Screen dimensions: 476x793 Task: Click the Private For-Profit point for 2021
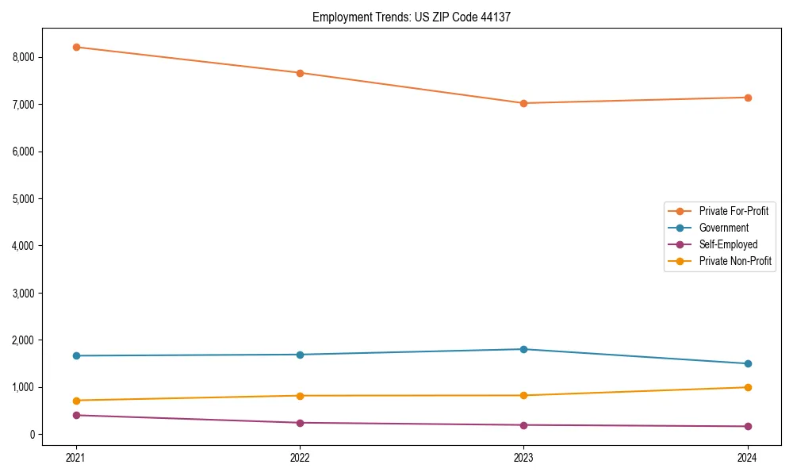pyautogui.click(x=76, y=47)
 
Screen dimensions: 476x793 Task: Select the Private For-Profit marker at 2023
pyautogui.click(x=523, y=103)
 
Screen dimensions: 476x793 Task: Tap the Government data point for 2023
pyautogui.click(x=523, y=349)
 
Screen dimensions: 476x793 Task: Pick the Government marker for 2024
pyautogui.click(x=747, y=363)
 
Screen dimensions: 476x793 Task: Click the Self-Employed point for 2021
pyautogui.click(x=76, y=415)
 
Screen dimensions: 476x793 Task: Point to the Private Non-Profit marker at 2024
pyautogui.click(x=747, y=387)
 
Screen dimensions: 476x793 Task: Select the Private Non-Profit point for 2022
pyautogui.click(x=300, y=396)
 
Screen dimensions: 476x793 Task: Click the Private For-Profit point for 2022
pyautogui.click(x=300, y=73)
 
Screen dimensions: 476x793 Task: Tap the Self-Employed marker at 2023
pyautogui.click(x=523, y=425)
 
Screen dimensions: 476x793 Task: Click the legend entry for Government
pyautogui.click(x=723, y=228)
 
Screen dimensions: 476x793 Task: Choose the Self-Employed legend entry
pyautogui.click(x=728, y=244)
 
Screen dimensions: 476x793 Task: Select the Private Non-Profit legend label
pyautogui.click(x=735, y=261)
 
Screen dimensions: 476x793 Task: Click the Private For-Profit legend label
pyautogui.click(x=734, y=211)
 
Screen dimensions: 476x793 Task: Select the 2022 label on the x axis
pyautogui.click(x=300, y=457)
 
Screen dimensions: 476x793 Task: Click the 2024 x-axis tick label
pyautogui.click(x=747, y=457)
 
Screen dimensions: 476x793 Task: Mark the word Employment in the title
pyautogui.click(x=339, y=17)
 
